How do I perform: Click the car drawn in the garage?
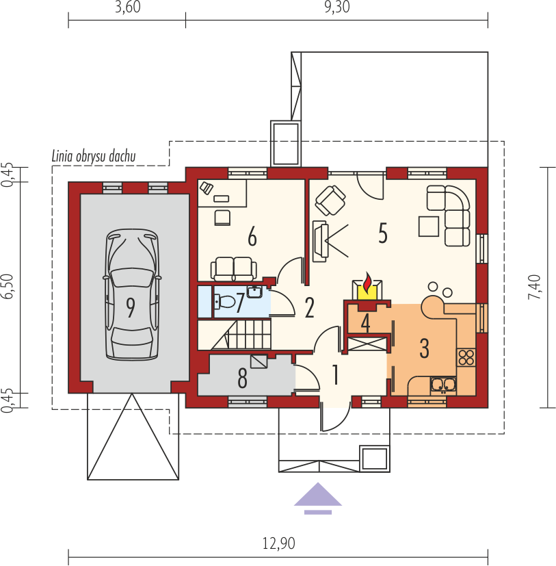click(x=132, y=294)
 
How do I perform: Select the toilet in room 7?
click(x=224, y=301)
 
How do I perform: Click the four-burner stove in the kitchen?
click(x=466, y=357)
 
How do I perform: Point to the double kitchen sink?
click(x=443, y=385)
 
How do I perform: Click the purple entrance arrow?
click(x=318, y=498)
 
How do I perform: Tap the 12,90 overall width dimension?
click(x=278, y=543)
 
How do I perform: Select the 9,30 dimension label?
click(x=337, y=8)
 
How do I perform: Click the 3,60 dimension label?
click(x=127, y=8)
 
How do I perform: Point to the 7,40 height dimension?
click(x=534, y=287)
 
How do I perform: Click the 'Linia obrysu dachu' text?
click(x=94, y=157)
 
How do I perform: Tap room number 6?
click(x=252, y=237)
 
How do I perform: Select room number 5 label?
click(x=383, y=233)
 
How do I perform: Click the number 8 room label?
click(x=243, y=378)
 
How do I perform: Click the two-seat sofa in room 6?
click(x=234, y=268)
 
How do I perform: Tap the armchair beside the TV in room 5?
click(x=330, y=201)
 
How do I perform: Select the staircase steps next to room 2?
click(x=241, y=335)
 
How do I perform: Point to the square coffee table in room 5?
click(x=429, y=226)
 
